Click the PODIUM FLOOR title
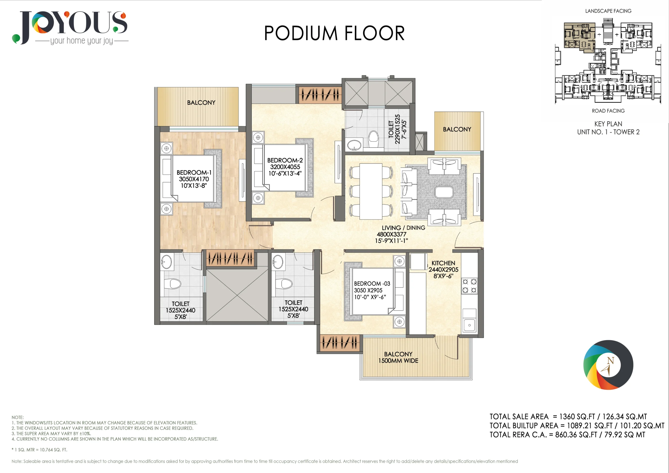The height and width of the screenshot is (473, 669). click(x=334, y=33)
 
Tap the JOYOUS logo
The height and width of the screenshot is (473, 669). click(x=70, y=28)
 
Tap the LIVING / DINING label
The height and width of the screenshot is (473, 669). click(x=403, y=228)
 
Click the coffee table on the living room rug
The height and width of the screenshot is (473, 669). click(x=444, y=192)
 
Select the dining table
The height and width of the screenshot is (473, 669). click(x=371, y=191)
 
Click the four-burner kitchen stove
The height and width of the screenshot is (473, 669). click(x=469, y=286)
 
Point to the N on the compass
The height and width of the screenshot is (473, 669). click(x=610, y=361)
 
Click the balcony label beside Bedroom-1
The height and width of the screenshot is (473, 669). click(x=201, y=103)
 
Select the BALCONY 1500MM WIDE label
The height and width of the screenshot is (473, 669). click(x=398, y=357)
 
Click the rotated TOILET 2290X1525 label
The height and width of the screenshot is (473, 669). click(x=397, y=129)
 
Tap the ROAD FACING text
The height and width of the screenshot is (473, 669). click(x=608, y=111)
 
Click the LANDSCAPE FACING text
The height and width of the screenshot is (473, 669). click(x=608, y=11)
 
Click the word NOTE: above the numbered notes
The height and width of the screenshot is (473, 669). click(x=18, y=417)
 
